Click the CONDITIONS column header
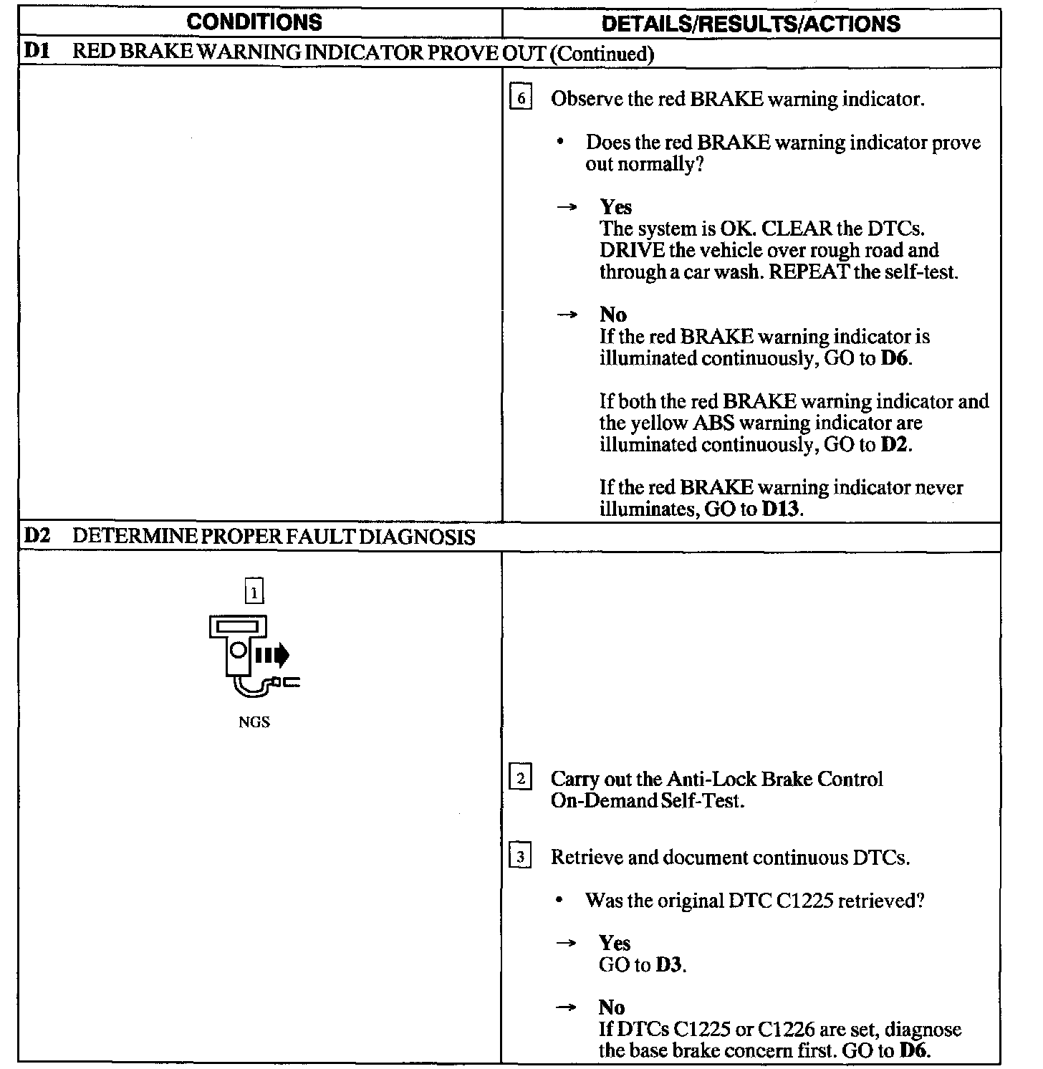(254, 21)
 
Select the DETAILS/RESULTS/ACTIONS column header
(751, 23)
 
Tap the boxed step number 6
(521, 97)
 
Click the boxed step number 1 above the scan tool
(254, 592)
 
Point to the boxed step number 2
(520, 778)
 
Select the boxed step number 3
(520, 856)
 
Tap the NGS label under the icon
(254, 722)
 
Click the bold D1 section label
(36, 52)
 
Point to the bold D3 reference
(669, 965)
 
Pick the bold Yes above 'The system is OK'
(615, 207)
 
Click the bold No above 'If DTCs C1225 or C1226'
(612, 1007)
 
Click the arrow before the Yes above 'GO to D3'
(567, 943)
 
